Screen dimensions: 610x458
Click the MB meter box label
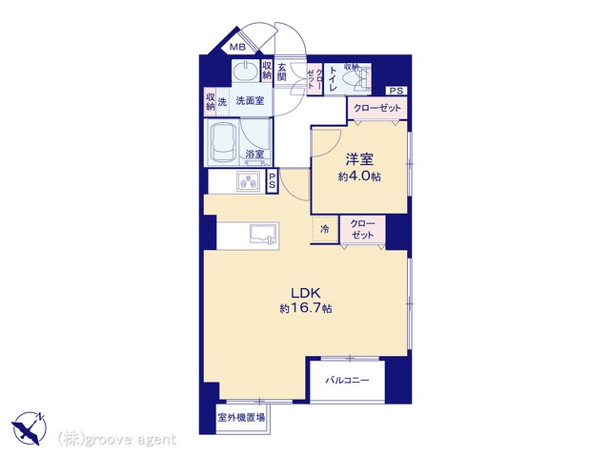[x=237, y=48]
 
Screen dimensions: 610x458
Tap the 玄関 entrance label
[x=282, y=73]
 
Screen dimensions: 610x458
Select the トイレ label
[x=333, y=79]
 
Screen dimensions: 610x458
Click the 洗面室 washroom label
[x=250, y=101]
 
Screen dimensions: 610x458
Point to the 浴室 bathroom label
[x=254, y=155]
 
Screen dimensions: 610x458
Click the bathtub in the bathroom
[x=223, y=144]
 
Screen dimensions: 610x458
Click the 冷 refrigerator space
[x=324, y=229]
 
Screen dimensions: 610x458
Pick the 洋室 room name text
[x=359, y=159]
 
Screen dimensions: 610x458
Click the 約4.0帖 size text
[x=359, y=177]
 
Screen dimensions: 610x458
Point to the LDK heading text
[x=306, y=293]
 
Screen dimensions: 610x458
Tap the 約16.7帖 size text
[x=306, y=309]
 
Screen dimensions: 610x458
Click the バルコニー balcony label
[x=347, y=380]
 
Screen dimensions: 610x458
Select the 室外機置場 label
[x=241, y=418]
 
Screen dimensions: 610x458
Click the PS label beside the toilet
[x=396, y=92]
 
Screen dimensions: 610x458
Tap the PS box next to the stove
[x=272, y=181]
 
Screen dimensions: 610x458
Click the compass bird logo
[x=29, y=428]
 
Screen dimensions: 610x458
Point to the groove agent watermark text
[x=117, y=440]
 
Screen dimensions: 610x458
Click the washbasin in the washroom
[x=246, y=72]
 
